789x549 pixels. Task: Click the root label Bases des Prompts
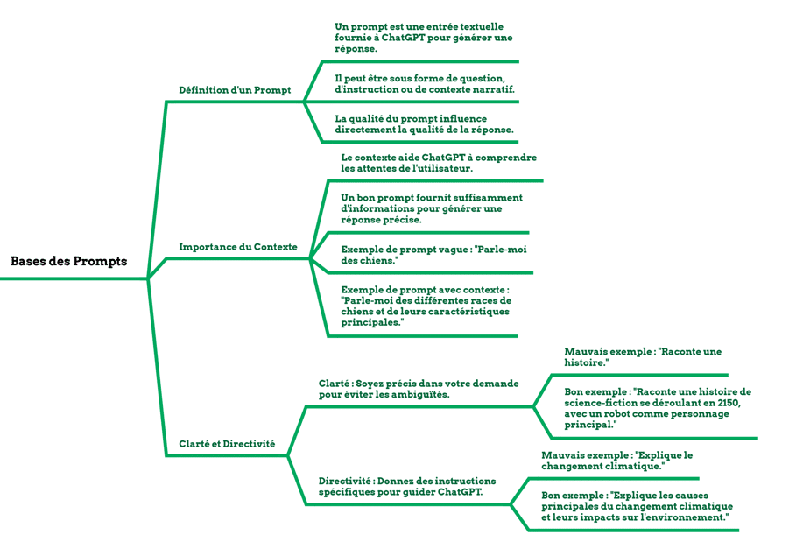pos(69,261)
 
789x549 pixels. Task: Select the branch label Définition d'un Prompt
pos(235,90)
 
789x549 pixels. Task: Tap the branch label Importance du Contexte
pos(238,247)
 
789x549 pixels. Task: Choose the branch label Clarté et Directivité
pos(227,444)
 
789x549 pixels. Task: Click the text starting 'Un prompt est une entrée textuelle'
pos(424,38)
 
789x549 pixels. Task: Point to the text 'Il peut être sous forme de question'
pos(425,84)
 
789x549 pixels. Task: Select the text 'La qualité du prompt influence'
pos(424,124)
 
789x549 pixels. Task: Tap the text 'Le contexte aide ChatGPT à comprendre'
pos(439,163)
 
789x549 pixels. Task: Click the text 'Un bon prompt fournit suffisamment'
pos(432,209)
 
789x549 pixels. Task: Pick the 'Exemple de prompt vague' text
pos(433,255)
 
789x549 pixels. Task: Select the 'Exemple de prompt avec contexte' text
pos(426,306)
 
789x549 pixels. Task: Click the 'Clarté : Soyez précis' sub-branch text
pos(419,389)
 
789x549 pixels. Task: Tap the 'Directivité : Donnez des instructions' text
pos(407,487)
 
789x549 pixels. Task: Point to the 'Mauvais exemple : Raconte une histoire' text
pos(643,357)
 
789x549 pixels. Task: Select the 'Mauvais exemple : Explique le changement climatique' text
pos(616,461)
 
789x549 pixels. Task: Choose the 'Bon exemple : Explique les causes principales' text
pos(637,507)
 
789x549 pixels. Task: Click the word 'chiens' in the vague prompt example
pos(376,261)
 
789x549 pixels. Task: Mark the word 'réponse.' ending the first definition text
pos(356,49)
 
